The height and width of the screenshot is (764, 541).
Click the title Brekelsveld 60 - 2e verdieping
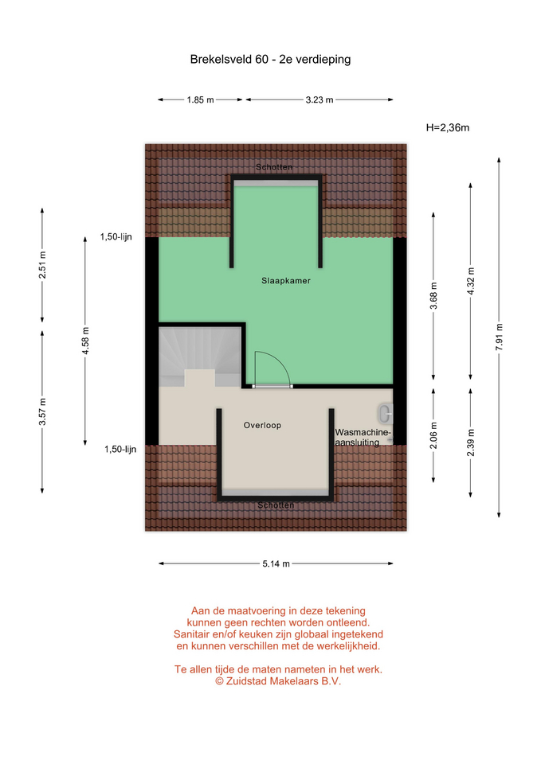270,60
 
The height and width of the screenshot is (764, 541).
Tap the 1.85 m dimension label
200,100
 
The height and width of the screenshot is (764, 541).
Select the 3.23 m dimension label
320,100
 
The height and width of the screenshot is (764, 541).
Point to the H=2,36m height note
447,127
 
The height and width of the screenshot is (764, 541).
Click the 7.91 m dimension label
499,337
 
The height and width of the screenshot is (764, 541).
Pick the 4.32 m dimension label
471,281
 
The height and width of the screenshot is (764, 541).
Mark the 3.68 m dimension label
433,296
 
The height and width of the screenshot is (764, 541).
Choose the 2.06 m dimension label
433,435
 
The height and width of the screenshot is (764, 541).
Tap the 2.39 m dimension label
471,443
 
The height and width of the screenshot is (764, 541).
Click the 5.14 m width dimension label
276,563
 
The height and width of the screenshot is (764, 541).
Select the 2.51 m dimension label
42,265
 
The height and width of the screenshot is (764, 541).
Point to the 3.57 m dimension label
42,411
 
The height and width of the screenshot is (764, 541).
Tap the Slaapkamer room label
286,281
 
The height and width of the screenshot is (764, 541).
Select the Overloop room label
262,425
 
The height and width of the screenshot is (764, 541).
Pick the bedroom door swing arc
280,361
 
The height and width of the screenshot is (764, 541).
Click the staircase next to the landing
200,356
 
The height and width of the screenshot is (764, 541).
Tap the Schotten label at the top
274,167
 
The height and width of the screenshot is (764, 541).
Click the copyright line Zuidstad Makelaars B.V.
278,681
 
